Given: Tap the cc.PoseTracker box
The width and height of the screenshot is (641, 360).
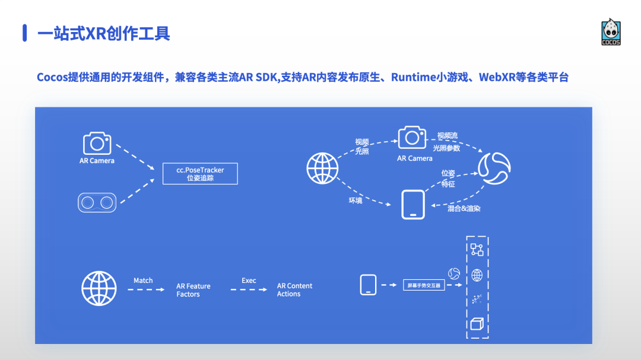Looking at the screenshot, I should (200, 173).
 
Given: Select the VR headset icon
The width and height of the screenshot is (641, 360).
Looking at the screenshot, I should (97, 202).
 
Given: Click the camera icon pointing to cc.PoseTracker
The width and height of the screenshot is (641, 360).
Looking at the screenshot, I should (97, 144).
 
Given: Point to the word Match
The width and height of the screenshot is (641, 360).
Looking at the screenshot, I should (143, 281).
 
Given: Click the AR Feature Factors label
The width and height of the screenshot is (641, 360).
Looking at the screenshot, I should (193, 290).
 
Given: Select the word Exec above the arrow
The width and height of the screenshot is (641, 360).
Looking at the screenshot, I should (249, 281).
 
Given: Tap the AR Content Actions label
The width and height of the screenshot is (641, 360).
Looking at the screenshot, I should (294, 289).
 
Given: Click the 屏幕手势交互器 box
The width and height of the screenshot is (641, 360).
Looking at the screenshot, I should (424, 285).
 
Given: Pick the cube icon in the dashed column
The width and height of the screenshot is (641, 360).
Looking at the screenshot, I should (477, 324).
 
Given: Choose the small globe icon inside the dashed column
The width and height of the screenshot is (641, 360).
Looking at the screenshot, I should (477, 275).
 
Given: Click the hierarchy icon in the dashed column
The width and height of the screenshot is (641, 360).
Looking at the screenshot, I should (477, 249).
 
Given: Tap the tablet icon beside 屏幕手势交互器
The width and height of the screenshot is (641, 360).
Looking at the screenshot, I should (369, 285).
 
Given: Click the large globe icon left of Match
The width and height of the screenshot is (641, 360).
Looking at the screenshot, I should (99, 289).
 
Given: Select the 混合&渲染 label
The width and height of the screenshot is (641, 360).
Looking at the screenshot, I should (464, 209).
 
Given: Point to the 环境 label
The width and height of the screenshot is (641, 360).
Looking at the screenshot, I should (355, 200).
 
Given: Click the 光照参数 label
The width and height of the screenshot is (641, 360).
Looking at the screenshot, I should (446, 148).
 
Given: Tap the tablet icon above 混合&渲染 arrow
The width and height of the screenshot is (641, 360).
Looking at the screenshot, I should (413, 205).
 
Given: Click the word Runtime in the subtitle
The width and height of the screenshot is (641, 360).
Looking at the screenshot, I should (413, 77).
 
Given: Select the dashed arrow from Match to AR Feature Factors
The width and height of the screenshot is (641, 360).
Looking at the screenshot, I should (146, 289).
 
